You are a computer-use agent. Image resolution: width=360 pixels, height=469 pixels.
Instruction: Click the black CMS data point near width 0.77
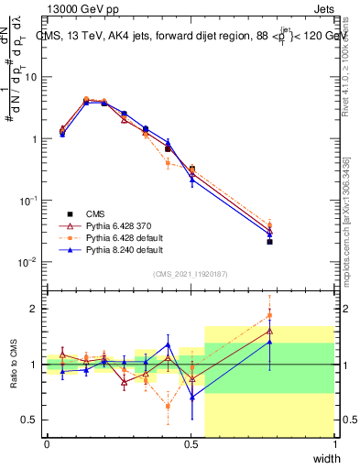tap(269, 242)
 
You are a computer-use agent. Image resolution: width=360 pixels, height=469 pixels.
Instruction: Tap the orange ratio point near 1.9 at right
tap(269, 315)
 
